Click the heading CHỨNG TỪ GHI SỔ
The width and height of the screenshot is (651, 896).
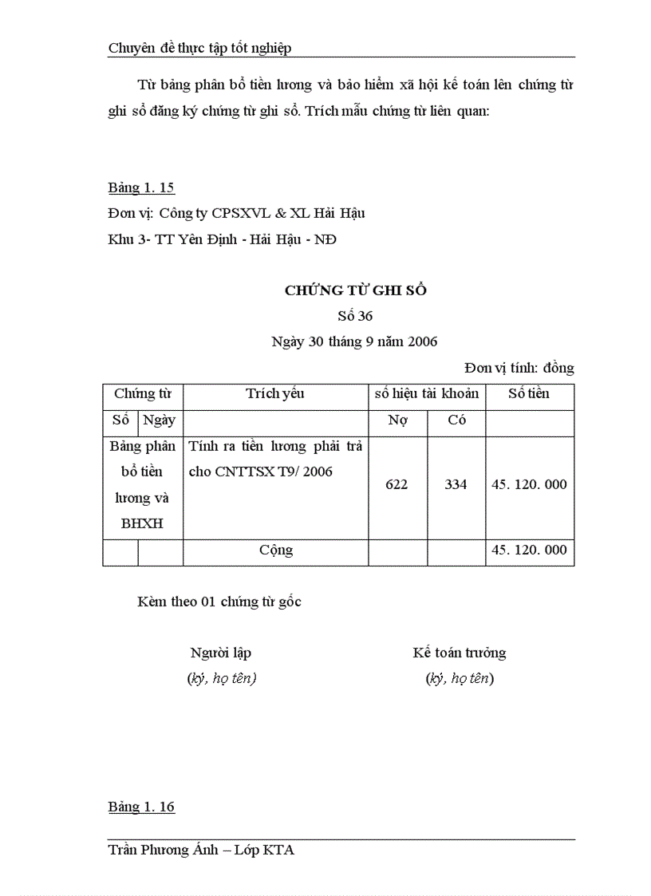[x=355, y=290]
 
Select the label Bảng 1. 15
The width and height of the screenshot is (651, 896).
[x=141, y=188]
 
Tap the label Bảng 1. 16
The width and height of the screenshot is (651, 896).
[x=141, y=807]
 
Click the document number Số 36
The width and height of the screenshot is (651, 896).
[x=355, y=316]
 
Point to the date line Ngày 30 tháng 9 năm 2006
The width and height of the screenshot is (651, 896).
[x=354, y=341]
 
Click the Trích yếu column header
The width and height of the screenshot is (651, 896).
[x=275, y=393]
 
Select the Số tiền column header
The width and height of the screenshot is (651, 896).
[x=529, y=393]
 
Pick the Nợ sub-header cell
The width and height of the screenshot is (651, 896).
[x=397, y=420]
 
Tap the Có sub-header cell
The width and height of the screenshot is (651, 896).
[x=456, y=420]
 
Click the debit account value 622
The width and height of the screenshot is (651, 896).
[x=397, y=484]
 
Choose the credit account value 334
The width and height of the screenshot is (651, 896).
[x=456, y=484]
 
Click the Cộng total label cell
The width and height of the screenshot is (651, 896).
[x=275, y=551]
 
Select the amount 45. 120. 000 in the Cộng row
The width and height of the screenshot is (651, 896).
[x=529, y=551]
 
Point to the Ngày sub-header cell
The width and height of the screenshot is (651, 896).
[x=160, y=420]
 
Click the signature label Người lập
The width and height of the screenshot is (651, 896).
[x=221, y=653]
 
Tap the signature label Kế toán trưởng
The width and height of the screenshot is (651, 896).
[x=460, y=653]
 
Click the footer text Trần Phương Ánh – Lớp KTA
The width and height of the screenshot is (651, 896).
[x=201, y=851]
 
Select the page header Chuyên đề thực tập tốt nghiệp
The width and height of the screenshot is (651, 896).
[x=199, y=48]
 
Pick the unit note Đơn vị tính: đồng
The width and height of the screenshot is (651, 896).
[x=519, y=368]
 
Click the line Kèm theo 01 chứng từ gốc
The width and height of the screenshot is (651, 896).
[x=219, y=602]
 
